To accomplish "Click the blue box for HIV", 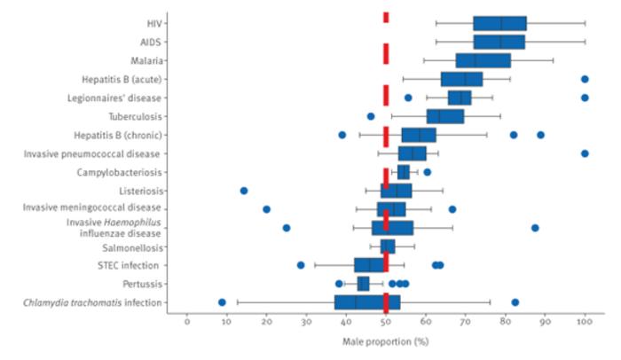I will tap(499, 23).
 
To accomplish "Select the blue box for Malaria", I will tap(483, 60).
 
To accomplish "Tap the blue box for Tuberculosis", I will tap(445, 116).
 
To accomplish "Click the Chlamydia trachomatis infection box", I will tap(367, 302).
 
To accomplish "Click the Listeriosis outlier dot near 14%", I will tap(244, 191).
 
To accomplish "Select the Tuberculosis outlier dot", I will tap(371, 116).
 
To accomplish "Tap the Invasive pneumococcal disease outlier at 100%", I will tap(585, 153).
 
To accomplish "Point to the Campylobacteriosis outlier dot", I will tap(427, 172).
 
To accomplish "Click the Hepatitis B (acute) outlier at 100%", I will tap(585, 79).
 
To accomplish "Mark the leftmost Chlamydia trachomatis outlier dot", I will tap(222, 302).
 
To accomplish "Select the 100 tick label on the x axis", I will tap(585, 323).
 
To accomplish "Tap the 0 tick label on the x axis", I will tap(187, 323).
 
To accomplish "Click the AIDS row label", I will tap(150, 42).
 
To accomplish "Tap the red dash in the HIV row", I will tap(386, 18).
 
